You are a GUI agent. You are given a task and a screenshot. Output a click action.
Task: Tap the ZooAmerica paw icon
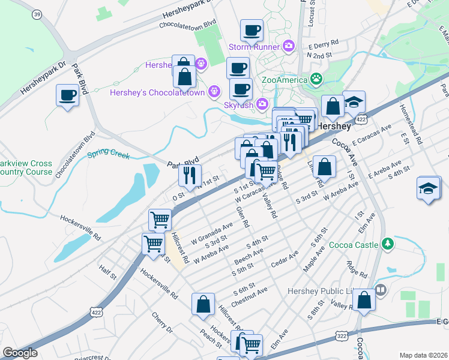(316, 79)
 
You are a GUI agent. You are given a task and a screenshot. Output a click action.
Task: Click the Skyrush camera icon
(262, 104)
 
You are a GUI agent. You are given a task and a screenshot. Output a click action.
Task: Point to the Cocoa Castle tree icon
(388, 244)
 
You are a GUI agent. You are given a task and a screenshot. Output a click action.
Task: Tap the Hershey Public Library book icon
(380, 290)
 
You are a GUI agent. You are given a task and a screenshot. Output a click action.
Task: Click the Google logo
(20, 353)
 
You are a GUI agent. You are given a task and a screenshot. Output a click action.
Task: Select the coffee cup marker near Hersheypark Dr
(67, 94)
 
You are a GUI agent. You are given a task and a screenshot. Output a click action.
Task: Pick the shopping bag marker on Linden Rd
(324, 166)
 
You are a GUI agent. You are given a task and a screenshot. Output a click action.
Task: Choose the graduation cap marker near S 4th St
(429, 188)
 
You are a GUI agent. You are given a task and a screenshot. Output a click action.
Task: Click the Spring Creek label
(109, 155)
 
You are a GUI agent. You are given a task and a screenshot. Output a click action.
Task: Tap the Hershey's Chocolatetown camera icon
(213, 91)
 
